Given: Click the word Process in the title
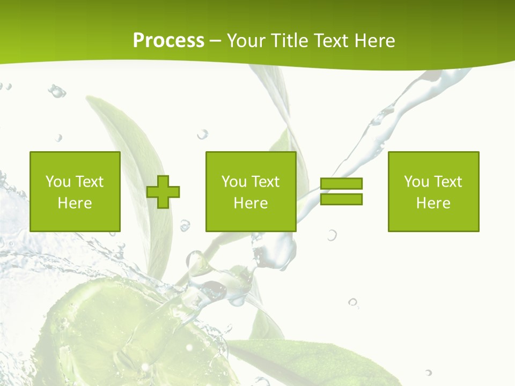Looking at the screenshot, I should pos(168,40).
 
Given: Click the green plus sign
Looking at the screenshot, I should pos(163,192).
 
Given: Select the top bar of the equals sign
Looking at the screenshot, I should pos(341,184).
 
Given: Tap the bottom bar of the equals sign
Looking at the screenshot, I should pos(341,199).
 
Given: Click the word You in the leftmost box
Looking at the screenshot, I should pos(58,182).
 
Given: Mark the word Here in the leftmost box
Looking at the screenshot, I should pos(75,203).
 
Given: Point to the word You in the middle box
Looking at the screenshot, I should pos(234,182).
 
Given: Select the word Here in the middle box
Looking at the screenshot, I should pos(251,203).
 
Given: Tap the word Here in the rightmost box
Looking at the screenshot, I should pos(433,203).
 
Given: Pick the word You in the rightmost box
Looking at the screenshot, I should pos(416,182).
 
